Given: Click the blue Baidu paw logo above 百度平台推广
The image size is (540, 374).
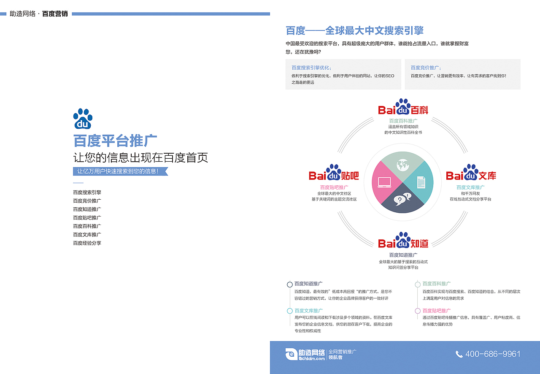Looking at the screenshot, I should (x=83, y=119).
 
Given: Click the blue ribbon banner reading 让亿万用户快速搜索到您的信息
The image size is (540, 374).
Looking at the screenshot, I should (x=120, y=171).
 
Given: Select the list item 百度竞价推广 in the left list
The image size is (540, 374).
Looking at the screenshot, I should (x=87, y=201).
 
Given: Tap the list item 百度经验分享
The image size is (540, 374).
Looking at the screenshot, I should (x=87, y=243).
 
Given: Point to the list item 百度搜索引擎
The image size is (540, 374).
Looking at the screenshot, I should (x=87, y=192).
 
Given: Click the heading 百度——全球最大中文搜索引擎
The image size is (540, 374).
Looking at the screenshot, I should (x=354, y=30).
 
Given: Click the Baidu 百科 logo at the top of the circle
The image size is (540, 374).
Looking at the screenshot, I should (x=403, y=108).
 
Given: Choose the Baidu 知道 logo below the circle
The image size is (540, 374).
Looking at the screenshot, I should (x=403, y=241).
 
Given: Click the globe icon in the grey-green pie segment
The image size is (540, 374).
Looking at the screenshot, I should (x=402, y=164).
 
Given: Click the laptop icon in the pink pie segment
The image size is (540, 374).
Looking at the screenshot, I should (x=384, y=182).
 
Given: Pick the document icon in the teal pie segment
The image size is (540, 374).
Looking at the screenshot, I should (x=421, y=182).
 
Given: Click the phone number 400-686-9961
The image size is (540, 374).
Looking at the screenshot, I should (x=492, y=354).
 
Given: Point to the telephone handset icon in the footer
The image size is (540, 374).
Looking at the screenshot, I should (x=459, y=354).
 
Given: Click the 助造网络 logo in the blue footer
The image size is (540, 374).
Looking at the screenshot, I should (x=305, y=354).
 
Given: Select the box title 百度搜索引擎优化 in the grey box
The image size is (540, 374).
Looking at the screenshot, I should (x=311, y=68).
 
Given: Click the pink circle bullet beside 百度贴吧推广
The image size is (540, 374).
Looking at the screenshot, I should (x=418, y=311).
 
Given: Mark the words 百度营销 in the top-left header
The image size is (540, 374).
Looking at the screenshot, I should (x=55, y=14).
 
